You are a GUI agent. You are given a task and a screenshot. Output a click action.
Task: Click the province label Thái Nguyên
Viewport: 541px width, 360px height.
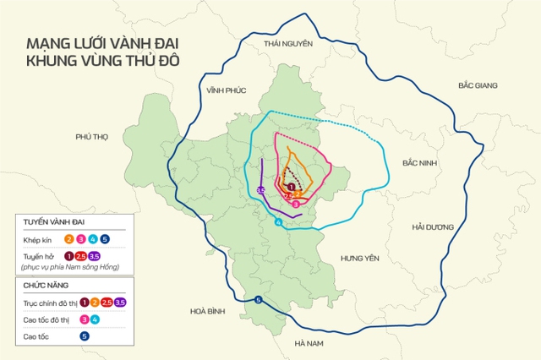pos(288,43)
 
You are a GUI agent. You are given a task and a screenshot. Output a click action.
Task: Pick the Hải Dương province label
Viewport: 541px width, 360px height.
pos(432,226)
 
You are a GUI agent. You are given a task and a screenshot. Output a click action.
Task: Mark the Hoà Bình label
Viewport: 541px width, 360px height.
pos(206,311)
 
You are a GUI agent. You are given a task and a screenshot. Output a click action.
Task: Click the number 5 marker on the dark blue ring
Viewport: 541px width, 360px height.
pos(258,300)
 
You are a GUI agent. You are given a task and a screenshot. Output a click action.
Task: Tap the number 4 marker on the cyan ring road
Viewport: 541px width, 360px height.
pos(279,223)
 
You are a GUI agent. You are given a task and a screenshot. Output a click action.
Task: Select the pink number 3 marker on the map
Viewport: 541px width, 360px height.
pos(295,204)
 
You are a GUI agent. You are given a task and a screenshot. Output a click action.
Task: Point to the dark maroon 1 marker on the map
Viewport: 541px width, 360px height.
pos(292,186)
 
